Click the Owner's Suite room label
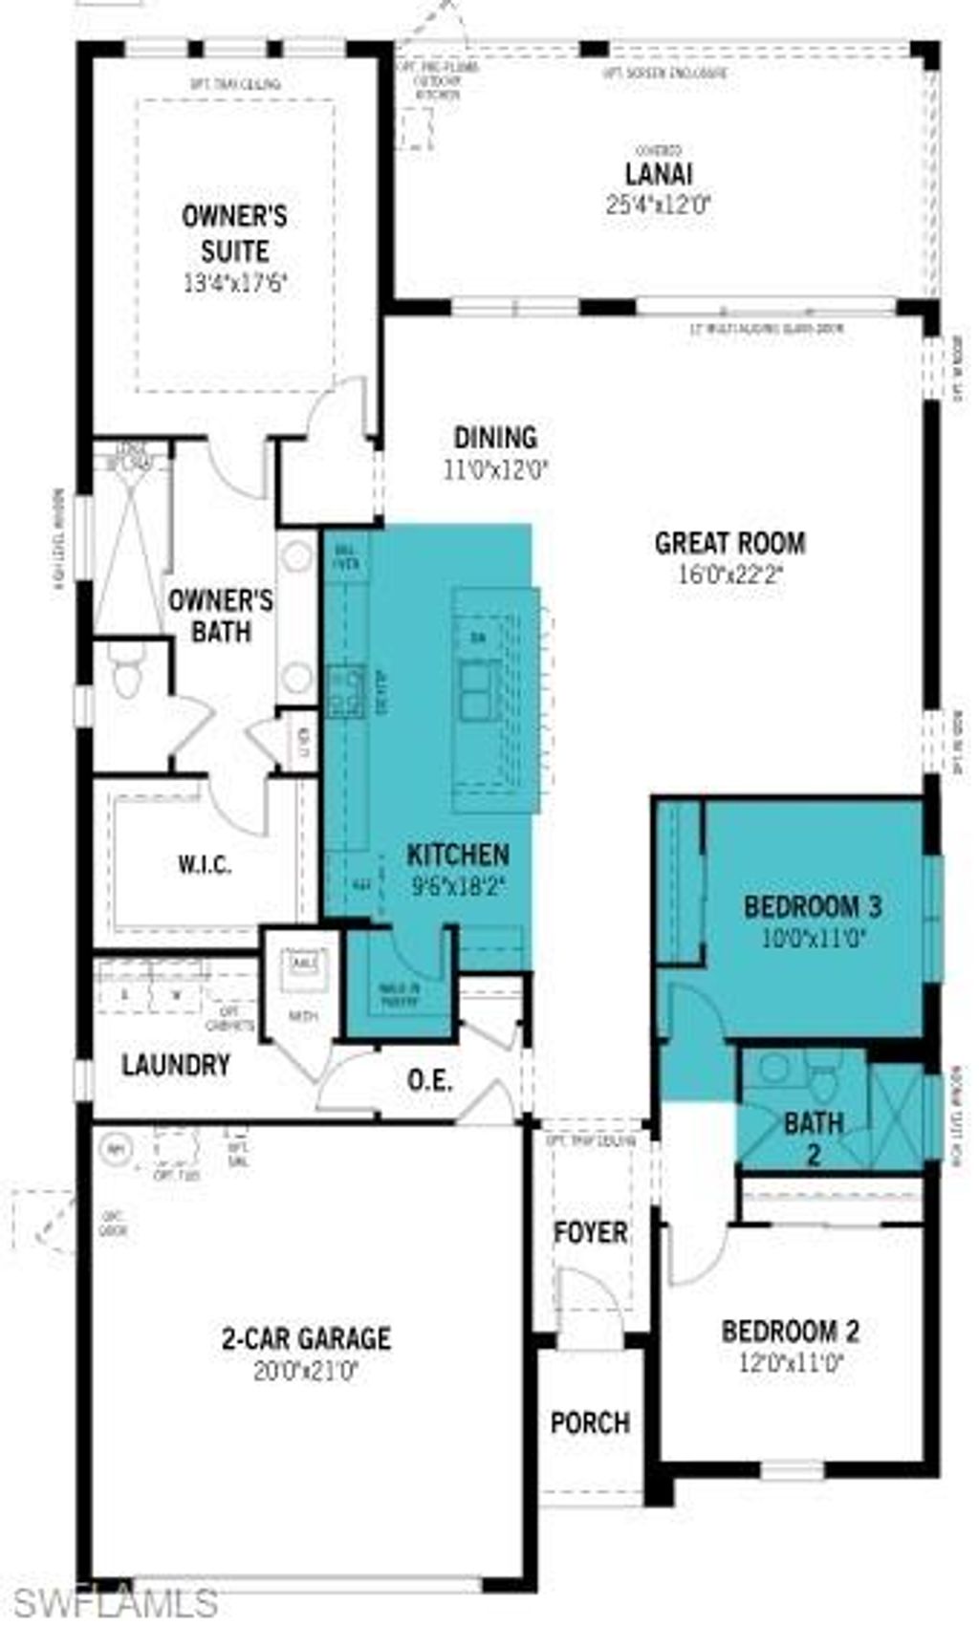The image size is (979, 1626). (234, 233)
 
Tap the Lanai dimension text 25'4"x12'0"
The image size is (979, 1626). (659, 205)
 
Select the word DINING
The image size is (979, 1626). (495, 438)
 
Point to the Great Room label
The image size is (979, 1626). (729, 543)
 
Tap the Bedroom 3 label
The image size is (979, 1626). (813, 906)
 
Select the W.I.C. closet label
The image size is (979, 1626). (205, 866)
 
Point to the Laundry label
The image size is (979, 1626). (176, 1065)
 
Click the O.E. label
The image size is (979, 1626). (429, 1081)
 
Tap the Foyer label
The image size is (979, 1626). (591, 1232)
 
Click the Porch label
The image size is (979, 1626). (590, 1422)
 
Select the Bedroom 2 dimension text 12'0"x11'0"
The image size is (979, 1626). (790, 1362)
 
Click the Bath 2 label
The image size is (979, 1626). (814, 1138)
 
